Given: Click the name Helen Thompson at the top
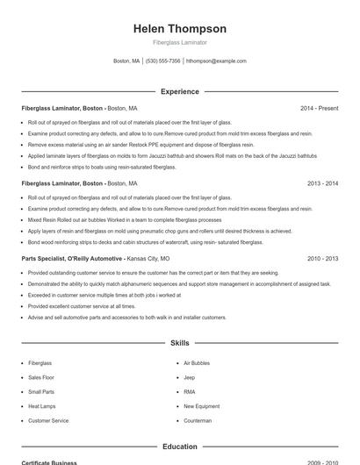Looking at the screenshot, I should point(179,29).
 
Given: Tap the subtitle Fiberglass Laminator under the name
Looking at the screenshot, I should point(179,43).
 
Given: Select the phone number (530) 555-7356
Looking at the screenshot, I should point(163,61).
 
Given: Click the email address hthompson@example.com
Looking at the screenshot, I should point(216,61).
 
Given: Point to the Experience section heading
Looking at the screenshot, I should point(179,91).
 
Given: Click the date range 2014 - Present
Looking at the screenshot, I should point(319,108).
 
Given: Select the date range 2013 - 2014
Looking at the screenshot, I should point(322,183).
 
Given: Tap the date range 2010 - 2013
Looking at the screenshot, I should point(322,260).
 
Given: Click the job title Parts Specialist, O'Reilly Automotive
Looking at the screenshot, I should point(73,260).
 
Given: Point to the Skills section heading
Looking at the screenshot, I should point(179,342).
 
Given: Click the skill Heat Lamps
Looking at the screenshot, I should point(42,406).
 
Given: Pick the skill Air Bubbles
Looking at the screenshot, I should point(197,362).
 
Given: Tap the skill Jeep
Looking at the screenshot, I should point(189,377).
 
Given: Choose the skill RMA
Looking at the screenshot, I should point(189,391).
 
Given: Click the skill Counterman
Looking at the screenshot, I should point(198,421).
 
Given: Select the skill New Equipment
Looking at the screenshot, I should point(201,406).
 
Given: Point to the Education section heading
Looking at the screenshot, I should point(179,447).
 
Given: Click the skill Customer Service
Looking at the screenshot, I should point(48,421).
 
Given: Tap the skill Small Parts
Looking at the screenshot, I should point(41,391).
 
